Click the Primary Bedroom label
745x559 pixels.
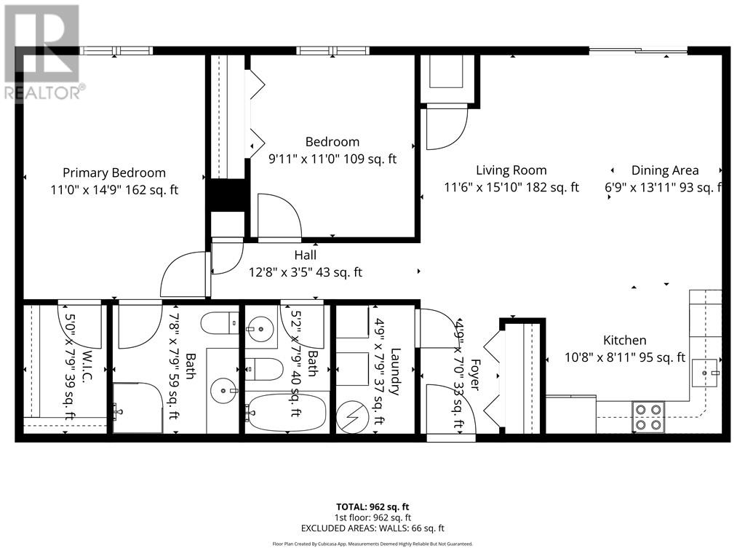tap(114, 173)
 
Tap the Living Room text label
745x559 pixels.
tap(511, 170)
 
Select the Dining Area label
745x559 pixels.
tap(664, 170)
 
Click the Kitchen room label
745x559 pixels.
tap(625, 340)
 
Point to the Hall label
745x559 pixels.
tap(305, 255)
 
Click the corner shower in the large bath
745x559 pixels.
tap(136, 408)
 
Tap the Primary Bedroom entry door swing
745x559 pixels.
tap(185, 276)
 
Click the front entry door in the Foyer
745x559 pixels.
tap(450, 411)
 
